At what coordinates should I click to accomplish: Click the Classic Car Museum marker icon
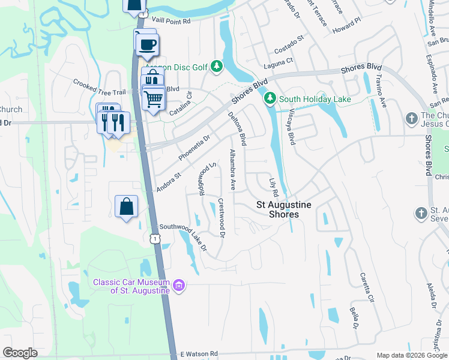pos(178,286)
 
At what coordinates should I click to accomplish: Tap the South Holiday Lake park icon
pos(271,98)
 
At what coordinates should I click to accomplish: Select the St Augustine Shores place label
pos(284,209)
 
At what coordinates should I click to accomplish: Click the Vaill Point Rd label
pos(170,20)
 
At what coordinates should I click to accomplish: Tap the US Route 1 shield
pos(155,238)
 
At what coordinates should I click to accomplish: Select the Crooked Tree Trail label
pos(98,88)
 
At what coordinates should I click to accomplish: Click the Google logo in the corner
pos(20,353)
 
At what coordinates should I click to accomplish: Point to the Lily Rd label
pos(274,188)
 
